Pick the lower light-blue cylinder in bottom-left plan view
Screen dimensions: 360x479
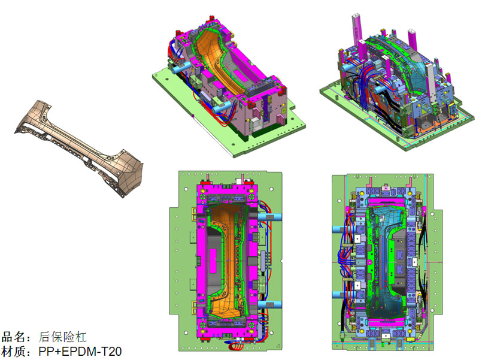click(267, 303)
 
